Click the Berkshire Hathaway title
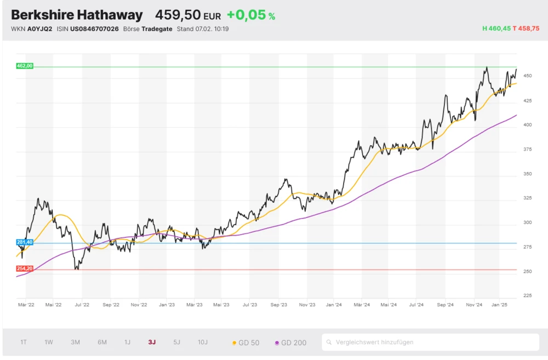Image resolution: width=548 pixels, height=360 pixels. [77, 15]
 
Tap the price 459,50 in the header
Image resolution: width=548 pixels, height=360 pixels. [178, 15]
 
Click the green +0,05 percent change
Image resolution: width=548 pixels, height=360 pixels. [246, 15]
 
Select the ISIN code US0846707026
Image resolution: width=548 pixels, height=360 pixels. [94, 29]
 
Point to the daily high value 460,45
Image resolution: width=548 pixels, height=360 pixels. [499, 28]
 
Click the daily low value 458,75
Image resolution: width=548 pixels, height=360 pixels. [529, 28]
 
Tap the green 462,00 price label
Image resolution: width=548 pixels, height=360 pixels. [25, 66]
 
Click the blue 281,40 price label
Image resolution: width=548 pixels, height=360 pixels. [25, 242]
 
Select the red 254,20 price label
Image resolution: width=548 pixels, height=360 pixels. [25, 268]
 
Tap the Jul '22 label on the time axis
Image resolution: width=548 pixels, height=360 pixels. [82, 304]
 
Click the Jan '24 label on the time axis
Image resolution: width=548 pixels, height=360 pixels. [334, 304]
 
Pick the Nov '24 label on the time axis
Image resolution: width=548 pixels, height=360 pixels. [473, 304]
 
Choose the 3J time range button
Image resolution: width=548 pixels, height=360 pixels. [152, 342]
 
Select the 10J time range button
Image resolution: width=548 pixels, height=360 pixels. [203, 342]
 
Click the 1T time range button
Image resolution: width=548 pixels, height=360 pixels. [24, 342]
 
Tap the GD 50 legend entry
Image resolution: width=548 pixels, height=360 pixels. [246, 343]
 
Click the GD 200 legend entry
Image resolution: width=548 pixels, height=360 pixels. [291, 343]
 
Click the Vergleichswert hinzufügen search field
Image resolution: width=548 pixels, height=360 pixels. [430, 342]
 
